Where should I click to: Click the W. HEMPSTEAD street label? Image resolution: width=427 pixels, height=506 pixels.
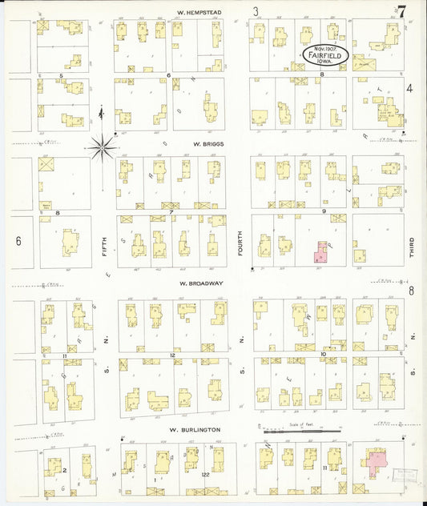point(199,13)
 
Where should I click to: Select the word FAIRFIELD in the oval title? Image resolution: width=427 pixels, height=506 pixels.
point(326,55)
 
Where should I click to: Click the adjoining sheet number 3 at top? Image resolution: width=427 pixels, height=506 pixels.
point(256,11)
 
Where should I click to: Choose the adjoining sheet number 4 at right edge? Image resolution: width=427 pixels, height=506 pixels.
point(409,88)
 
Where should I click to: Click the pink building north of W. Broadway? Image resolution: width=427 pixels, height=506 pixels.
point(321,253)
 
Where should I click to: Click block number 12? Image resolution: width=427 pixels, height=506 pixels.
point(171,355)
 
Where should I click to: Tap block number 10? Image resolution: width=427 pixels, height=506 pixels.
point(321,353)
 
